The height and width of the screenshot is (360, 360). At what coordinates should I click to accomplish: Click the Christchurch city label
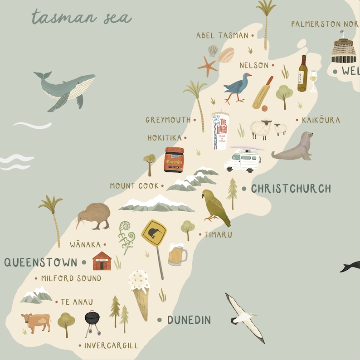[x=291, y=189]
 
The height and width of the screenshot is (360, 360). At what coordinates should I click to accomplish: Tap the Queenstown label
[x=41, y=262]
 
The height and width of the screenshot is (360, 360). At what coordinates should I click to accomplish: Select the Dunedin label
[x=189, y=320]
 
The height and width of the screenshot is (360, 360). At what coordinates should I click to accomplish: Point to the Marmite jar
[x=174, y=160]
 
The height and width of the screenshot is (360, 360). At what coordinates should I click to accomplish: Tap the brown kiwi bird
[x=93, y=215]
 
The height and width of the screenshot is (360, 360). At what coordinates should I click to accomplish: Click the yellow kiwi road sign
[x=154, y=234]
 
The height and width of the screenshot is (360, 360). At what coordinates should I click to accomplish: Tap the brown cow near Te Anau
[x=36, y=322]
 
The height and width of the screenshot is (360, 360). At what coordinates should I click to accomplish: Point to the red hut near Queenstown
[x=102, y=261]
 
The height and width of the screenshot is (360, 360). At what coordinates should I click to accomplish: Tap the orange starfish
[x=208, y=66]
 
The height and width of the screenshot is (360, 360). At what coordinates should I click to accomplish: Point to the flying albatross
[x=245, y=316]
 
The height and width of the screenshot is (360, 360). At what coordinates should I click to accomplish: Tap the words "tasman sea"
[x=82, y=17]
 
